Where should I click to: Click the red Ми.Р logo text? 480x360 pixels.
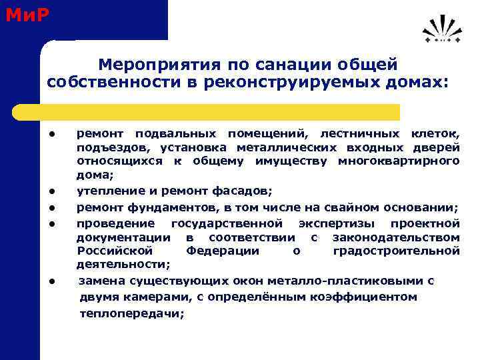click(x=27, y=14)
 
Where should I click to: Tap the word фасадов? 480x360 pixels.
click(x=241, y=191)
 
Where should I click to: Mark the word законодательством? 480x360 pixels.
click(x=396, y=237)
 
